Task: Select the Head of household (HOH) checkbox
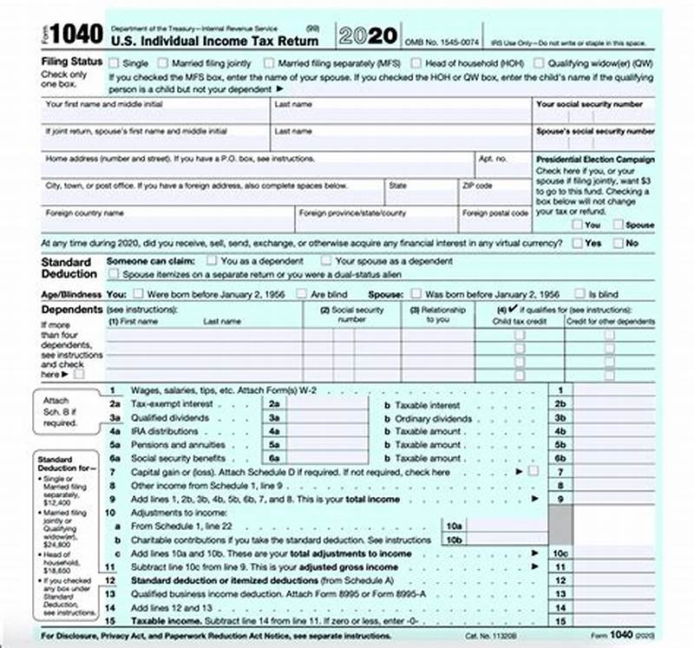pos(417,62)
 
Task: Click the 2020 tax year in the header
pos(368,36)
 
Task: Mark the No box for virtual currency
pos(619,243)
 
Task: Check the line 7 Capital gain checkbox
pos(533,471)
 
